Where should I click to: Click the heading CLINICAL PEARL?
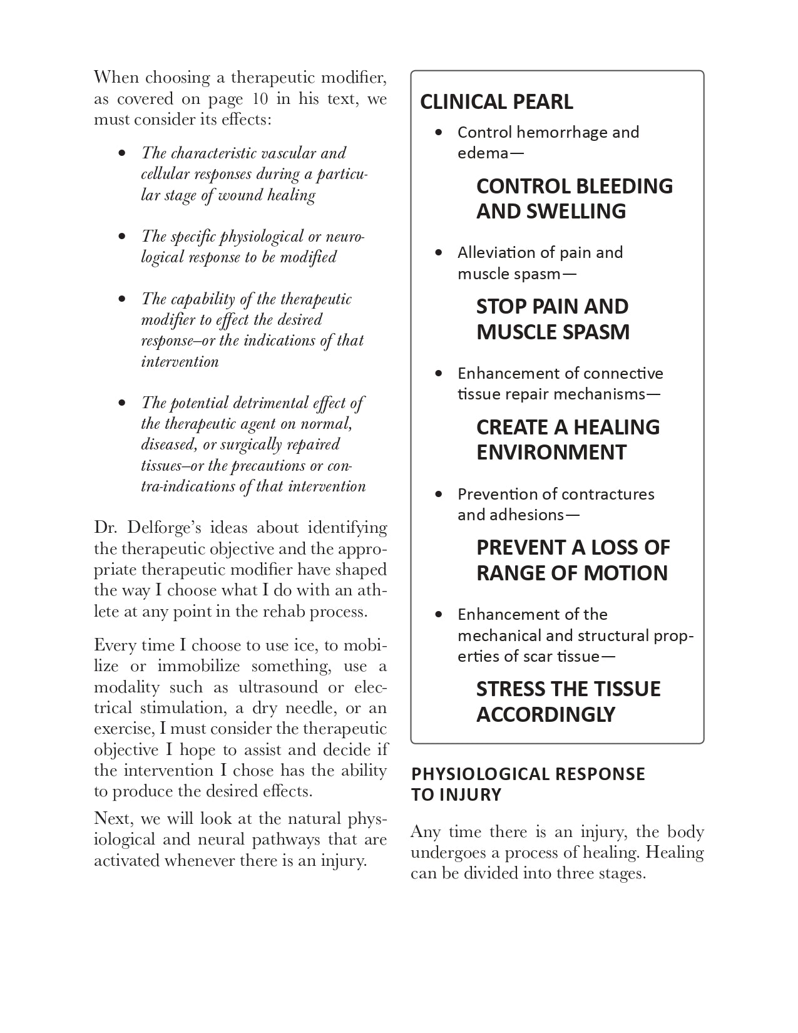pos(496,101)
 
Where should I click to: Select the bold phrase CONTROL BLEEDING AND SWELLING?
pos(574,198)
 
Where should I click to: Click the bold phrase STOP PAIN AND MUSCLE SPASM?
pos(553,319)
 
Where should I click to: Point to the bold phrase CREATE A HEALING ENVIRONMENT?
pos(568,439)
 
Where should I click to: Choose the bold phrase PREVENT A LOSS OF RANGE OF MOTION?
pos(573,560)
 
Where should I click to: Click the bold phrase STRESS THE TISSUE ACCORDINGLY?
pos(568,701)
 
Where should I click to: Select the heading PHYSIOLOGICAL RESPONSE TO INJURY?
pos(528,784)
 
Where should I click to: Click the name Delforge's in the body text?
pos(165,528)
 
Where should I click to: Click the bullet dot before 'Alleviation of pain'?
pos(440,252)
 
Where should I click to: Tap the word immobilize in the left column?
pos(198,666)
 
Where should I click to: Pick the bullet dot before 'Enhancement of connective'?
pos(440,373)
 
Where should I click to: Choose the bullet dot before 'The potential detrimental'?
pos(122,403)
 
